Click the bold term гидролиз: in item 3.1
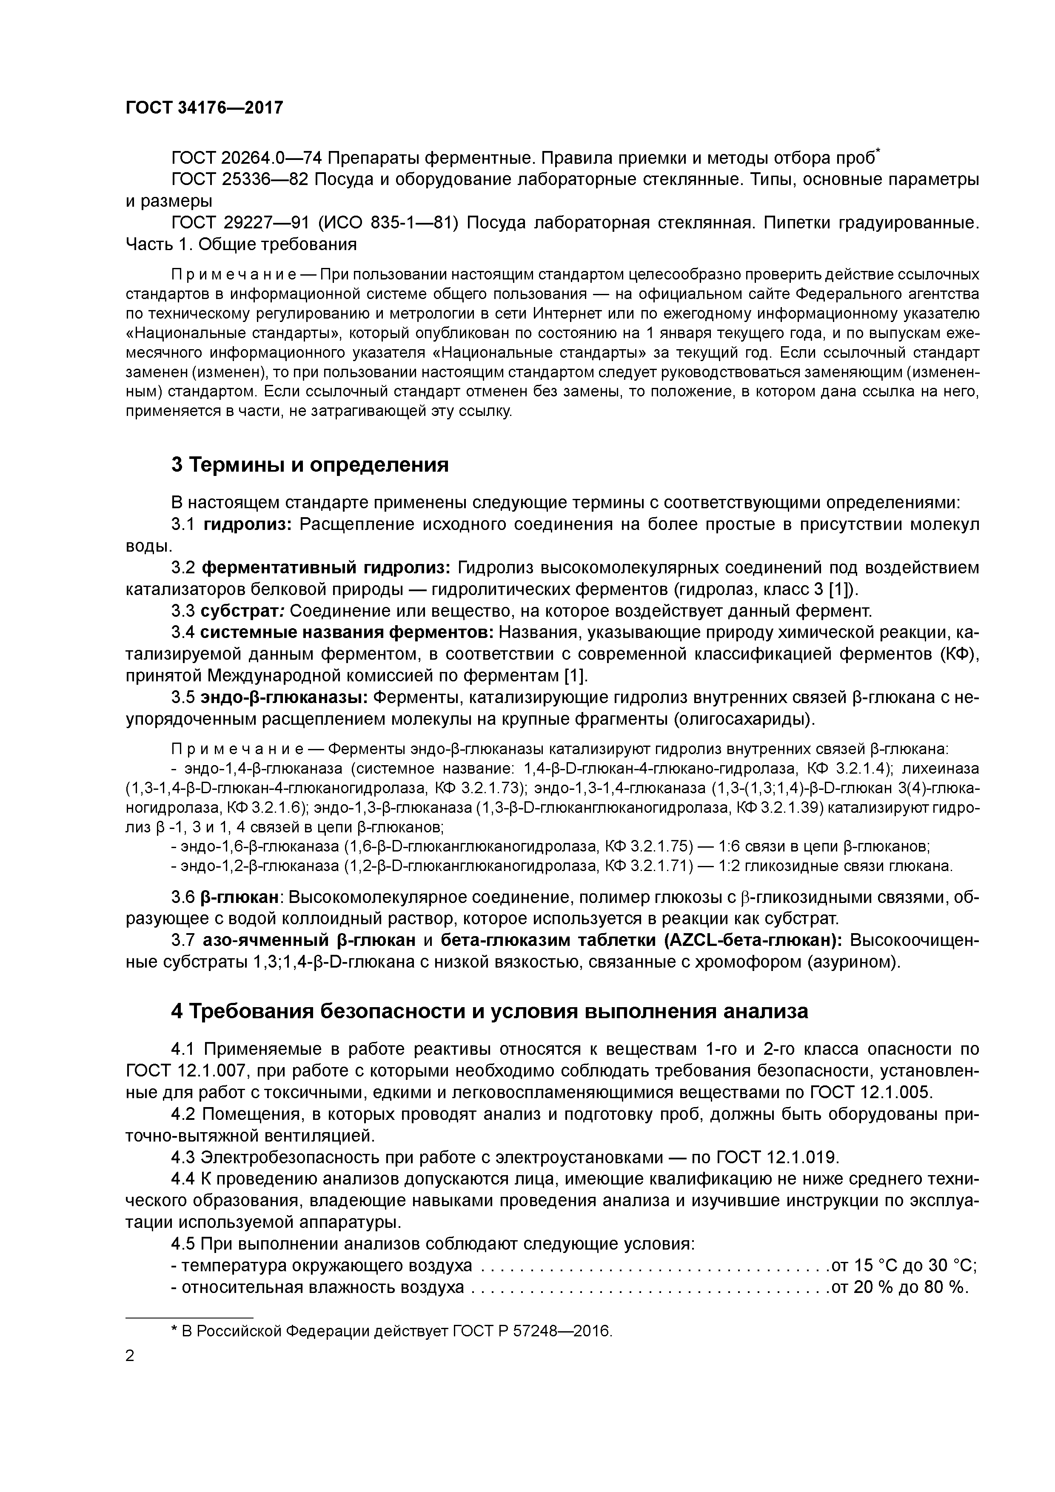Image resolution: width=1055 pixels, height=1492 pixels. click(248, 524)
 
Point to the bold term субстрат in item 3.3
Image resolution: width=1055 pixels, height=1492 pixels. click(241, 611)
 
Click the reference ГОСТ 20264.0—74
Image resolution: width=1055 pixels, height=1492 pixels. click(246, 158)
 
